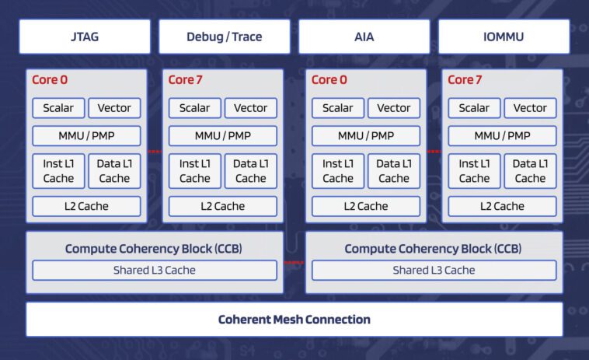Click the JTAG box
pyautogui.click(x=84, y=37)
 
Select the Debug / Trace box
pyautogui.click(x=224, y=37)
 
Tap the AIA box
pyautogui.click(x=364, y=37)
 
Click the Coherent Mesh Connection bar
pyautogui.click(x=294, y=320)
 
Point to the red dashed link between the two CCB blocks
pyautogui.click(x=294, y=263)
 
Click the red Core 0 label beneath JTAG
pyautogui.click(x=49, y=79)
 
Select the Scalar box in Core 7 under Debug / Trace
pyautogui.click(x=194, y=108)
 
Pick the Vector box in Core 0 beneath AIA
pyautogui.click(x=394, y=108)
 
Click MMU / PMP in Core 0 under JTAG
pyautogui.click(x=86, y=135)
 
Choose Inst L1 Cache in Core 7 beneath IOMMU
pyautogui.click(x=474, y=171)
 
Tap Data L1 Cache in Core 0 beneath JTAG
pyautogui.click(x=114, y=171)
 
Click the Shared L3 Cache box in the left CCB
pyautogui.click(x=154, y=270)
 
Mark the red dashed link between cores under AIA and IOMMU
pyautogui.click(x=434, y=151)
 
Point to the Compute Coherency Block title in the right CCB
pyautogui.click(x=433, y=249)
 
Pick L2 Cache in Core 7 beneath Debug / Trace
pyautogui.click(x=223, y=206)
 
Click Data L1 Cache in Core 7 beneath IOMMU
pyautogui.click(x=530, y=171)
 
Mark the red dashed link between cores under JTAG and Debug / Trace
pyautogui.click(x=155, y=151)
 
